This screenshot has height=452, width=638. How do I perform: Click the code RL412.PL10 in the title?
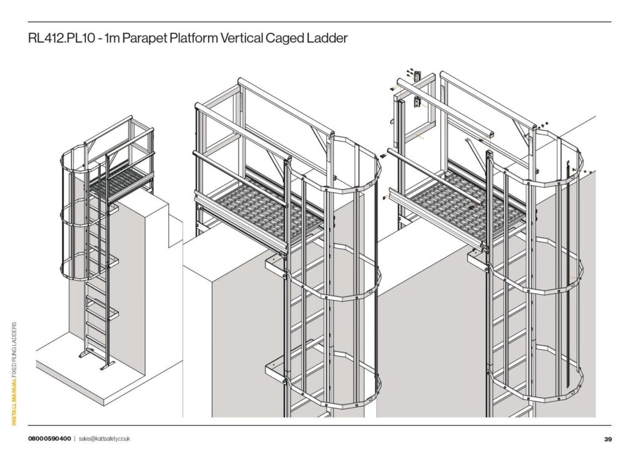pos(62,38)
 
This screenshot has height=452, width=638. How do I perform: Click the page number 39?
pos(608,439)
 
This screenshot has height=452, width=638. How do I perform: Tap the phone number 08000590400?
pos(49,438)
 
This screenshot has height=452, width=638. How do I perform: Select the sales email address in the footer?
pos(104,439)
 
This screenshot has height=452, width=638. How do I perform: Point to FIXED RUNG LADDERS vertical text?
pos(14,350)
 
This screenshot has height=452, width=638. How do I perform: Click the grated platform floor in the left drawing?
pos(120,183)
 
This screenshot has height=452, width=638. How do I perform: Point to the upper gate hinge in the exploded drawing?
pos(417,76)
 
